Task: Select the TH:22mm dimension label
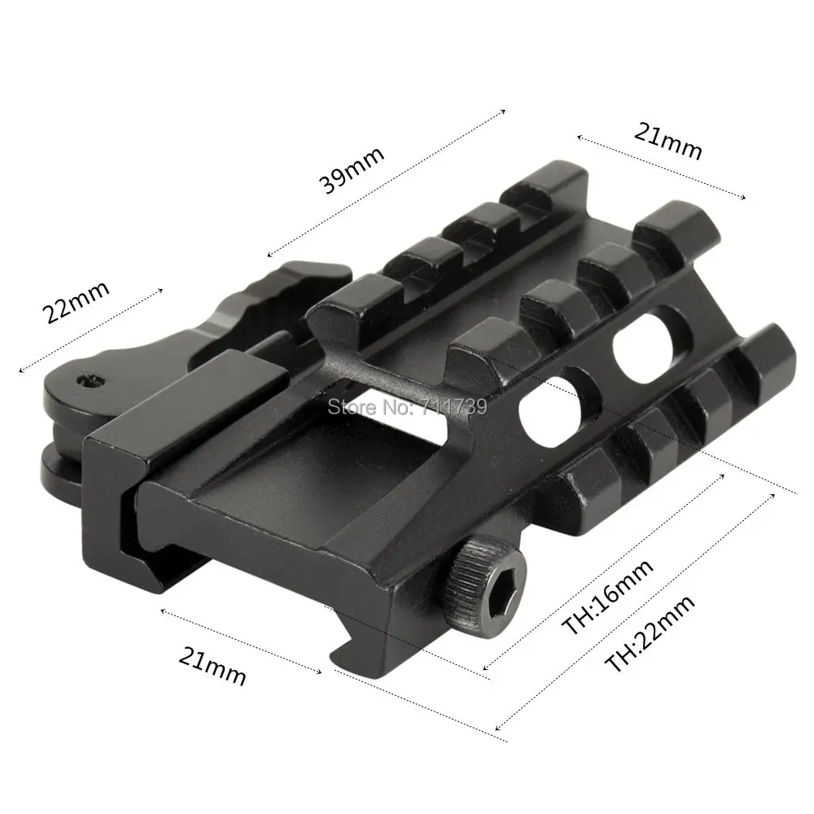click(650, 634)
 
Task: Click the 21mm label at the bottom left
click(212, 667)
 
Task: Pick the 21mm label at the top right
click(668, 141)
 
